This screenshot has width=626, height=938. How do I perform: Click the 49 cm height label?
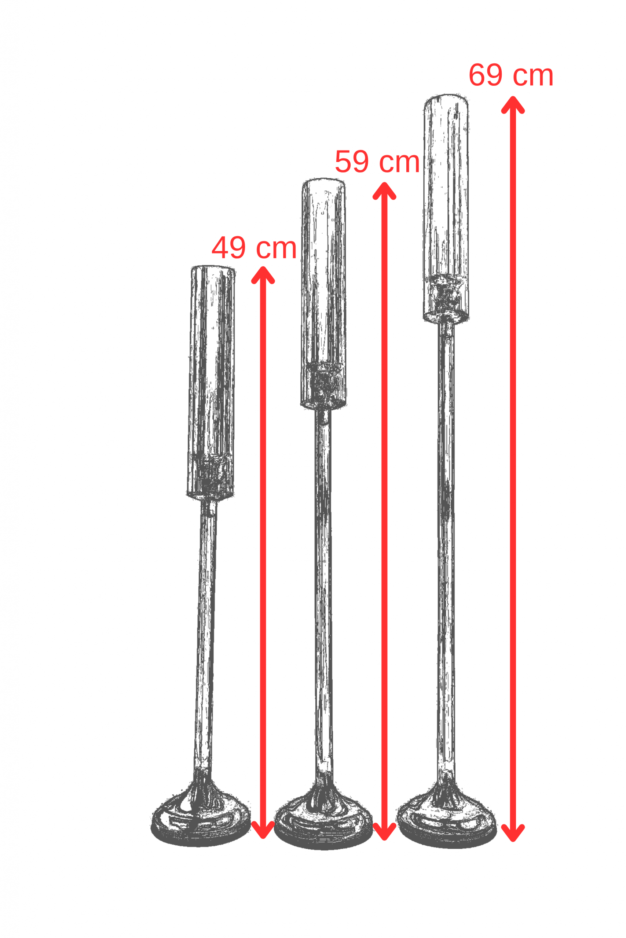click(x=254, y=248)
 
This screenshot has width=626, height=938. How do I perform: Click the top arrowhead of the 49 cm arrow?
click(x=263, y=275)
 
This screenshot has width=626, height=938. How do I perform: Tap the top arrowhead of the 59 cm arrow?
click(x=384, y=191)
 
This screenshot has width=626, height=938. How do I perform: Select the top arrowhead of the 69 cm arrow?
click(x=513, y=104)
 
